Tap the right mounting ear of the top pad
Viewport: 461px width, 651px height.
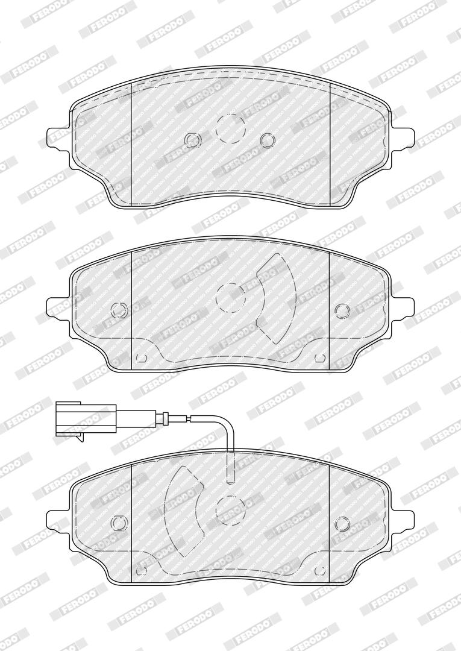click(x=402, y=137)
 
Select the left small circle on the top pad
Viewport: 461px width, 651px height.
click(x=192, y=139)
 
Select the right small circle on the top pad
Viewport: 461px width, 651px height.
click(x=267, y=139)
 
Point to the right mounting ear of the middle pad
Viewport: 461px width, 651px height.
click(x=402, y=307)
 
